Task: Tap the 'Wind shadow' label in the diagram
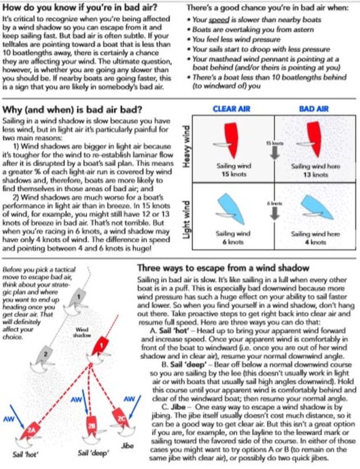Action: (x=81, y=332)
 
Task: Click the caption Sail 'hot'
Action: (x=26, y=455)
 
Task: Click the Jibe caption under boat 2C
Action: (x=128, y=444)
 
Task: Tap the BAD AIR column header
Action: (x=313, y=108)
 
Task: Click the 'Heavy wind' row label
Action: (x=186, y=147)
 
